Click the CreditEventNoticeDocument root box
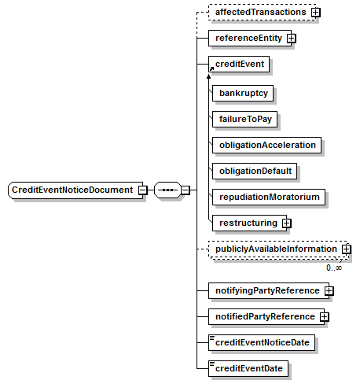click(75, 190)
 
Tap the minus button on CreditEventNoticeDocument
click(143, 190)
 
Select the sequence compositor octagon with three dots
click(167, 190)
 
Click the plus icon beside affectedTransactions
click(316, 13)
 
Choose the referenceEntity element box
click(250, 39)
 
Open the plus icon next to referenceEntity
click(291, 39)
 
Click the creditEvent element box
click(239, 64)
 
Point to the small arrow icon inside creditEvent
click(211, 69)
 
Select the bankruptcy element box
click(243, 93)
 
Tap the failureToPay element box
click(244, 119)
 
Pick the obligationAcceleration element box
click(266, 145)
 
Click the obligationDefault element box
click(255, 171)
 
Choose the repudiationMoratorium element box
click(269, 197)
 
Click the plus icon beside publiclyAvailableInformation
click(346, 249)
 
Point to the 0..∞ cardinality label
click(334, 268)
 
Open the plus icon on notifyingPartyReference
click(329, 290)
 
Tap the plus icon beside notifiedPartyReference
click(324, 316)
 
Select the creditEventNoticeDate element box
click(262, 342)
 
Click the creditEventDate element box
click(248, 368)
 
